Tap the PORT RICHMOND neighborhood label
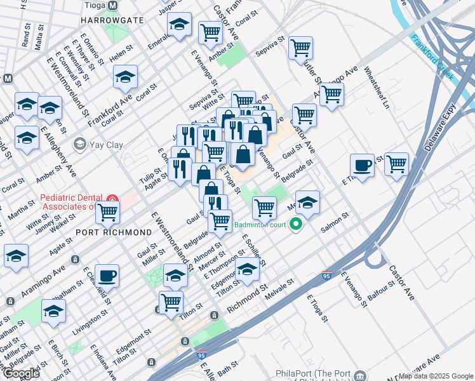pyautogui.click(x=113, y=232)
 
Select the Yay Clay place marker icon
pyautogui.click(x=79, y=144)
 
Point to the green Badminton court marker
pyautogui.click(x=295, y=224)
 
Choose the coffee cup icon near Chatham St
pyautogui.click(x=107, y=275)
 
